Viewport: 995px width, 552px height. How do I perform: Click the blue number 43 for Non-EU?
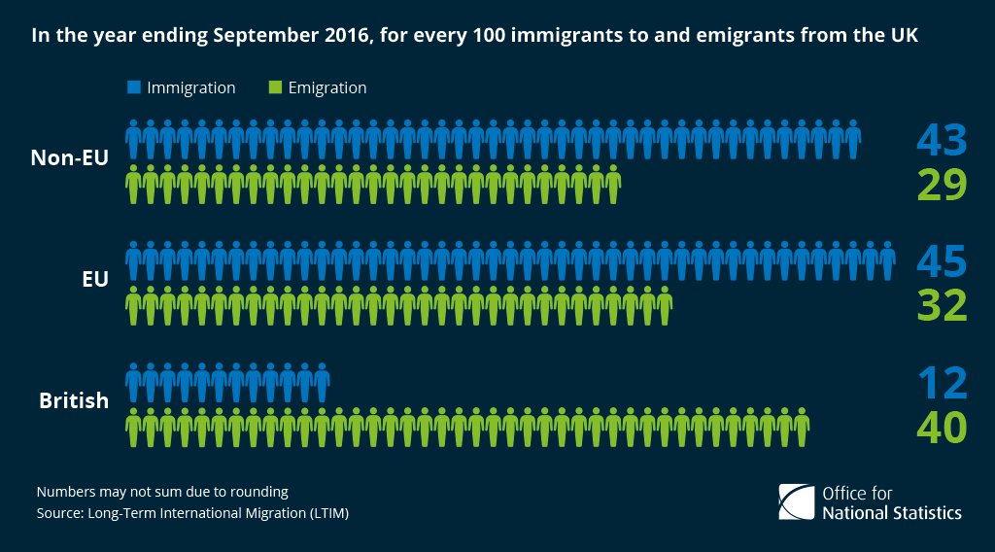point(942,140)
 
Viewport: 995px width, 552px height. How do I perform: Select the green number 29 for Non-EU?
point(942,184)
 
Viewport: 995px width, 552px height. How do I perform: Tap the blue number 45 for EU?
point(942,261)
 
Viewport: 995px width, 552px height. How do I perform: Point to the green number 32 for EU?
point(942,305)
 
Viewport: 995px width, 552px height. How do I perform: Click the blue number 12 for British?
point(942,382)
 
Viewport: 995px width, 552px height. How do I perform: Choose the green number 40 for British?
point(942,427)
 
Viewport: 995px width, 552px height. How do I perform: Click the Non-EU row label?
point(69,158)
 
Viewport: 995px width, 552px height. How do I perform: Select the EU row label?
point(94,279)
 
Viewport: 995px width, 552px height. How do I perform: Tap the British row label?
point(74,399)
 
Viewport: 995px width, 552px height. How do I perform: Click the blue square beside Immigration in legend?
point(134,87)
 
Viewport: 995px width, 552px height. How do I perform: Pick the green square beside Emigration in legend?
point(275,87)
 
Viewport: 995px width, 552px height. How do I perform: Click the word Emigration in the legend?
point(327,87)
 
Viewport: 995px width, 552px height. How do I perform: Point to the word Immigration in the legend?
point(191,87)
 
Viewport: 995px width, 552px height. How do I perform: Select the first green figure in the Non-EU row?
point(135,184)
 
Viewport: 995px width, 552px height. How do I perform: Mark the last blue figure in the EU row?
point(886,261)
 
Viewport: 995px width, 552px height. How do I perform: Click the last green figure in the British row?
point(801,427)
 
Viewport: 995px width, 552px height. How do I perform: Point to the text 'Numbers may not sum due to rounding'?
point(161,492)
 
